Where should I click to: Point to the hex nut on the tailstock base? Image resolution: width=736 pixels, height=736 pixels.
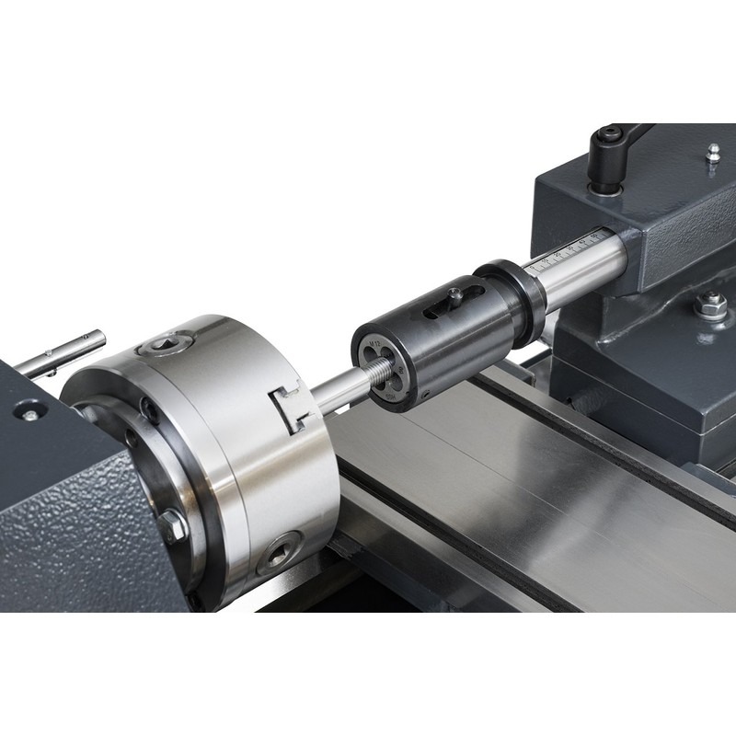point(710,306)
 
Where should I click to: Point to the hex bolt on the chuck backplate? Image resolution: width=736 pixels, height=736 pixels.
point(172,527)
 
